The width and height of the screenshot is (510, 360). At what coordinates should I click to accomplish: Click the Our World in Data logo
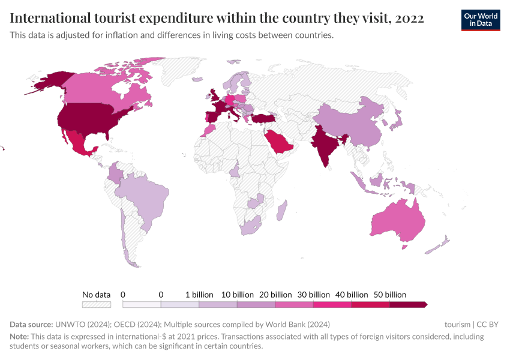(x=481, y=20)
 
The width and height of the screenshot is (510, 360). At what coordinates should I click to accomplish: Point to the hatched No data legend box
(x=97, y=305)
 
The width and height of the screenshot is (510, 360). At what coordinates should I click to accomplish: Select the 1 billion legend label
(x=199, y=295)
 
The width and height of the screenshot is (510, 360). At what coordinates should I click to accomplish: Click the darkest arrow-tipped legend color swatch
(x=408, y=305)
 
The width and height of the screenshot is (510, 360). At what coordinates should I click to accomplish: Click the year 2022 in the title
(x=410, y=19)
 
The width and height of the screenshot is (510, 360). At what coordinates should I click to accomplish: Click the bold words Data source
(x=31, y=325)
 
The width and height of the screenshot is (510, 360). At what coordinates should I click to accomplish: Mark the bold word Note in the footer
(x=19, y=337)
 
